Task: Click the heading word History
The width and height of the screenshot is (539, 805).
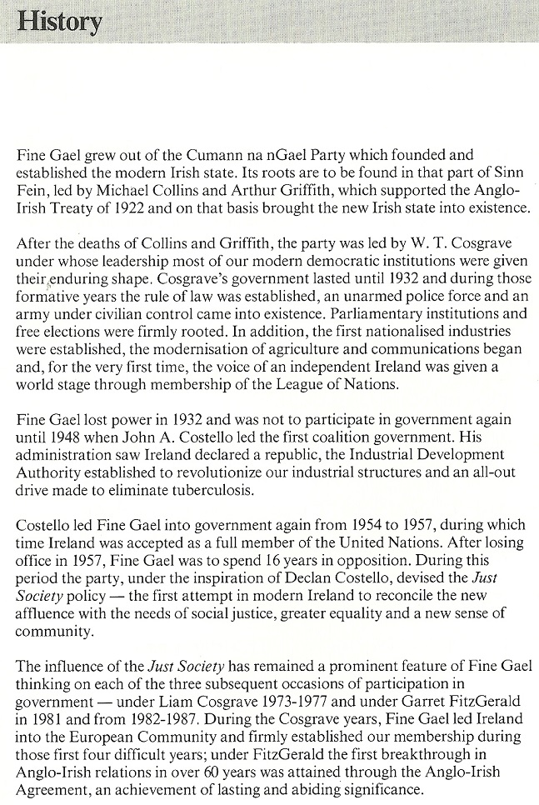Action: (59, 22)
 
